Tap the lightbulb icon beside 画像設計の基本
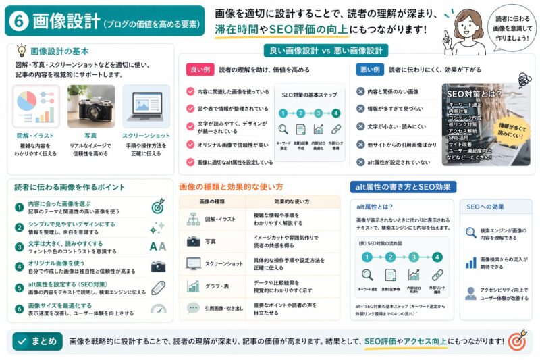21,51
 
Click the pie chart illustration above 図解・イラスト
36,106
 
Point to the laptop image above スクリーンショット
145,106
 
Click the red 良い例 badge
200,70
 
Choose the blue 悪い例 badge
370,70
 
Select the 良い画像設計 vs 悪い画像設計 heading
325,51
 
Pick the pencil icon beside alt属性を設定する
159,287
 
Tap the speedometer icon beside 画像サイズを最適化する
159,309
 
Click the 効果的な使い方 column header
292,201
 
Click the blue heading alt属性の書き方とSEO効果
403,186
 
